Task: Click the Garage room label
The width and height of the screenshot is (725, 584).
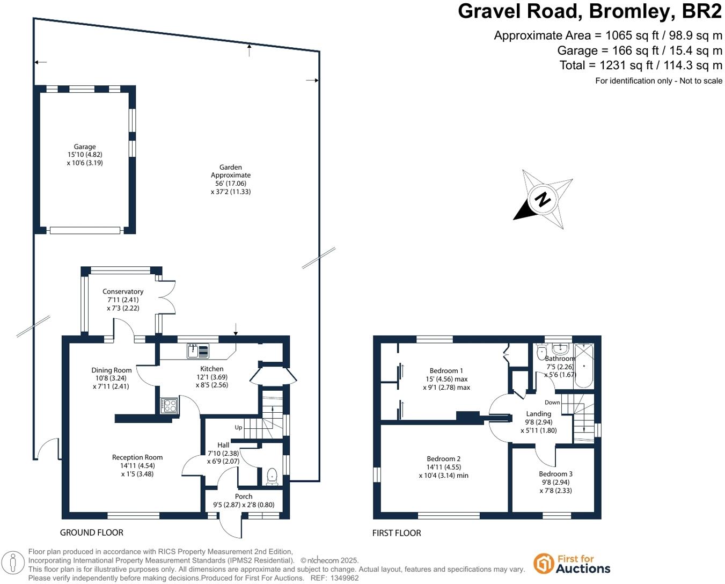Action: click(85, 147)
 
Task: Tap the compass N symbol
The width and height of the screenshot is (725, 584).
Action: click(543, 199)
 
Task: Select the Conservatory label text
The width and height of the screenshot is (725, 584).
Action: click(123, 291)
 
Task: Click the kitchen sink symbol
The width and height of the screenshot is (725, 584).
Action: click(198, 351)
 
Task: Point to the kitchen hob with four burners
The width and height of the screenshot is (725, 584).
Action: click(169, 405)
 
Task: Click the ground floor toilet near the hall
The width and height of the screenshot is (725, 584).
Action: click(272, 476)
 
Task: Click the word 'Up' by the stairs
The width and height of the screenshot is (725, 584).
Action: click(238, 427)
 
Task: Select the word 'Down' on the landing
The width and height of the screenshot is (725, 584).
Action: click(552, 402)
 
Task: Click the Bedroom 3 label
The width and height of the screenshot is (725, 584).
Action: click(555, 474)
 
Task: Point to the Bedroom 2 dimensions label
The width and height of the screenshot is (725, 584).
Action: click(443, 475)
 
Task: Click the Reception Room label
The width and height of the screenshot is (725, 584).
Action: click(137, 457)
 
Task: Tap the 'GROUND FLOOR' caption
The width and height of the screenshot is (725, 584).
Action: click(92, 532)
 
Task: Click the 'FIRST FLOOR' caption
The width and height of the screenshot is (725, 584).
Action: click(397, 533)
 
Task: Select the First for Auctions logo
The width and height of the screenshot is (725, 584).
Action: click(572, 564)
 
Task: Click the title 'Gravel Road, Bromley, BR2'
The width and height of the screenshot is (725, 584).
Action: click(589, 11)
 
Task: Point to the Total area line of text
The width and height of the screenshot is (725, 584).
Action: click(641, 65)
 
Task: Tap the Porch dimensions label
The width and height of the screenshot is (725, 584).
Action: click(244, 505)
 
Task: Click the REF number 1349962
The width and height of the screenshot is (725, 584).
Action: click(342, 578)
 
